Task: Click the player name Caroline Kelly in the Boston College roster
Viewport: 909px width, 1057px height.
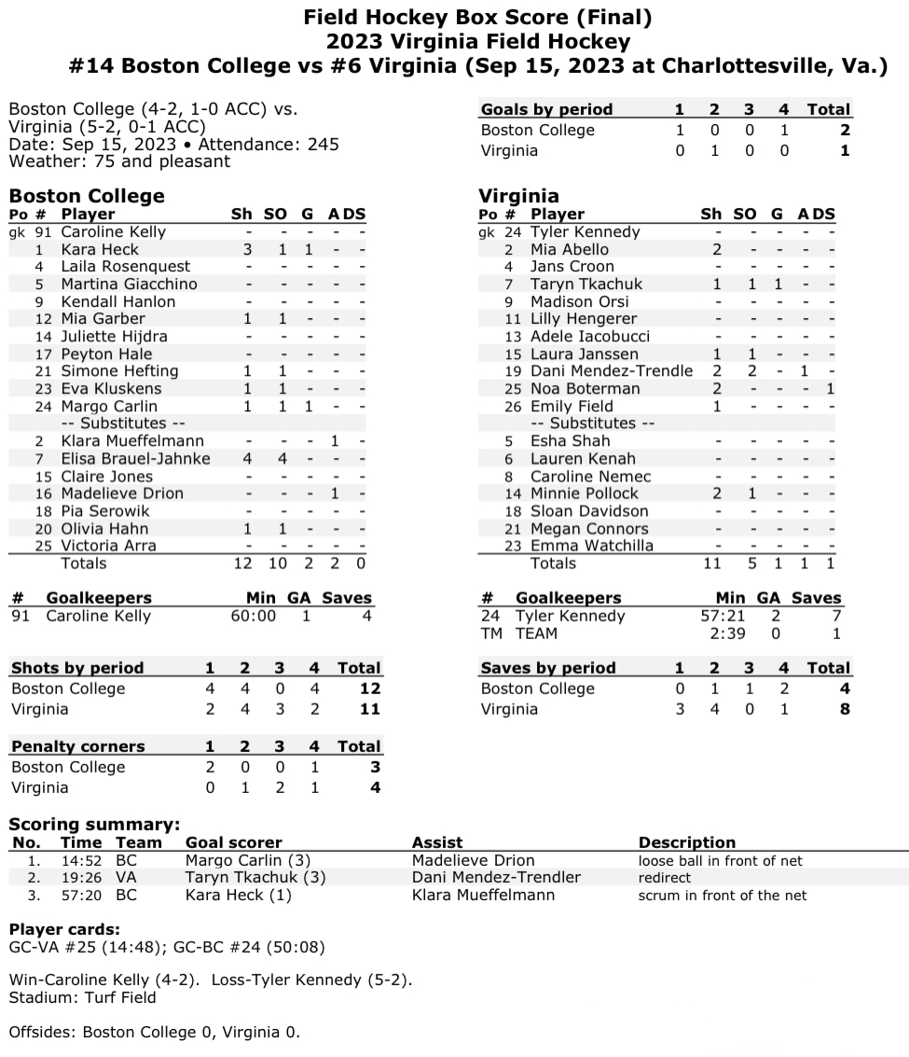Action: [113, 231]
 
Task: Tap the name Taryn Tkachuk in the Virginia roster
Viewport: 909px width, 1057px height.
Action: [586, 284]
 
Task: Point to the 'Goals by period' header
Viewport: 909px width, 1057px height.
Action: [546, 109]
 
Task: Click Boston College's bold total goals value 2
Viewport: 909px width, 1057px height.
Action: [845, 130]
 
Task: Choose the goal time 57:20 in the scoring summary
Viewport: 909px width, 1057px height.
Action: [81, 895]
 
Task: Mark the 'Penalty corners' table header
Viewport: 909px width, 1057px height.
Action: [78, 746]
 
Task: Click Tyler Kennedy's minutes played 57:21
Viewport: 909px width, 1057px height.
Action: [723, 616]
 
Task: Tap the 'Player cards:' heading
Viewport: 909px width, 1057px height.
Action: [64, 930]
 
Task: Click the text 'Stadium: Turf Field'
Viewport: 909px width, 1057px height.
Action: [82, 997]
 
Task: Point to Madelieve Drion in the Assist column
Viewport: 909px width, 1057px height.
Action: [474, 860]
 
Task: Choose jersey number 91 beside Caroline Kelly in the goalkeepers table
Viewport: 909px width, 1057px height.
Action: [21, 616]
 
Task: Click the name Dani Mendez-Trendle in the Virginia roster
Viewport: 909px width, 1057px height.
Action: [612, 370]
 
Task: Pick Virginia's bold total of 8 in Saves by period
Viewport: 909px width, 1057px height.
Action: [845, 709]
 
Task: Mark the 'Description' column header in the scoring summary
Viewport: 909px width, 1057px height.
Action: [686, 842]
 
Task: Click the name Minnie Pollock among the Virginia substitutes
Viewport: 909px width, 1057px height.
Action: [585, 493]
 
